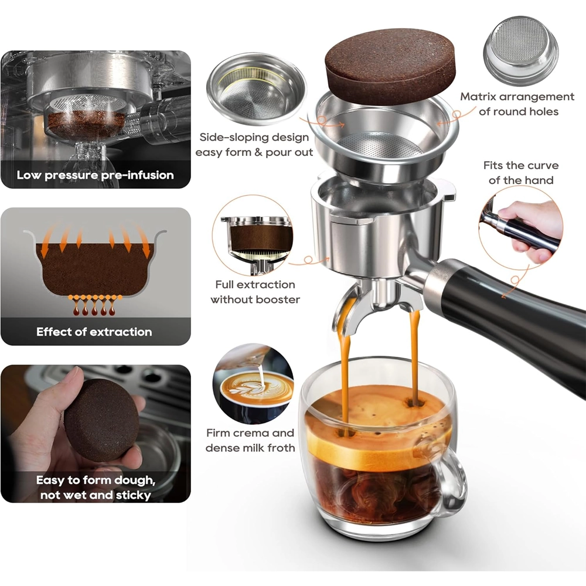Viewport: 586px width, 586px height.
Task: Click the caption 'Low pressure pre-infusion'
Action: point(96,175)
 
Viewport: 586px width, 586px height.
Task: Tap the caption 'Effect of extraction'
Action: point(94,332)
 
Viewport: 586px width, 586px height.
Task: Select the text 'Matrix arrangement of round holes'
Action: point(517,104)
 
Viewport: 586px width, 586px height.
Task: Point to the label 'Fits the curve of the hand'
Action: point(521,173)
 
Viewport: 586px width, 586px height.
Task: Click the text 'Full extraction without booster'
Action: point(255,292)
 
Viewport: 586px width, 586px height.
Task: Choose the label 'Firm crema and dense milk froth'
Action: point(250,440)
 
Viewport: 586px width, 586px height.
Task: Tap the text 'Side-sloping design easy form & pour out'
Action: point(254,145)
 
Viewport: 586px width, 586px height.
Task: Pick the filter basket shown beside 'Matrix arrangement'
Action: point(520,46)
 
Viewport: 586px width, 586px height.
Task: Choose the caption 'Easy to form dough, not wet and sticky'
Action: point(96,488)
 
